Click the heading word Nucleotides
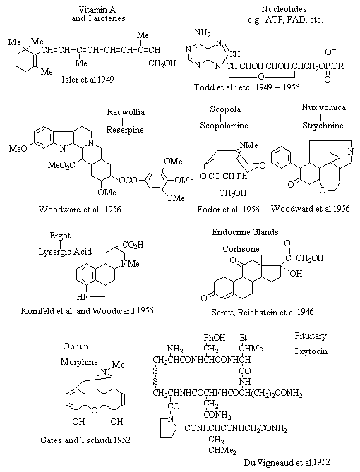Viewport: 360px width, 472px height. click(x=284, y=8)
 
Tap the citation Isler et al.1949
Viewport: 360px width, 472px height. click(x=88, y=80)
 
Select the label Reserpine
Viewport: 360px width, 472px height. click(x=125, y=130)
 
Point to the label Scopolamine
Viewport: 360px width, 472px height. click(x=224, y=126)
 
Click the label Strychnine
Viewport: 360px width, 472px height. click(x=323, y=125)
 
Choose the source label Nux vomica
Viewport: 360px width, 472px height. click(x=323, y=107)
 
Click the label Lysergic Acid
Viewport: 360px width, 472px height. click(x=65, y=252)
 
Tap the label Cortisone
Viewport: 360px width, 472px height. click(x=241, y=249)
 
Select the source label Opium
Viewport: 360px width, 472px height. click(x=76, y=347)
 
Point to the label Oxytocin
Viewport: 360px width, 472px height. click(x=310, y=351)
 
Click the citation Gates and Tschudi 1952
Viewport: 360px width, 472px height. click(x=85, y=440)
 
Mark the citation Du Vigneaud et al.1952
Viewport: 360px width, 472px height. click(x=287, y=462)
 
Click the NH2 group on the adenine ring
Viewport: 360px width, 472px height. click(x=203, y=32)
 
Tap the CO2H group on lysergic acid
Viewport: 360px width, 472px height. click(x=132, y=245)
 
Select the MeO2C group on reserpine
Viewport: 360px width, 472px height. click(x=61, y=165)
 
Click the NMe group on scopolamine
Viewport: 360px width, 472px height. click(x=249, y=145)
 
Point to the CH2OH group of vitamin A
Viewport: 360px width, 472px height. click(x=162, y=63)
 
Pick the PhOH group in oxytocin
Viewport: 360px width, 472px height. click(x=214, y=338)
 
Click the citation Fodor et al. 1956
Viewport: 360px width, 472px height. click(x=228, y=210)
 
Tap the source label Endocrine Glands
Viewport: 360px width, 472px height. click(x=245, y=232)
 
